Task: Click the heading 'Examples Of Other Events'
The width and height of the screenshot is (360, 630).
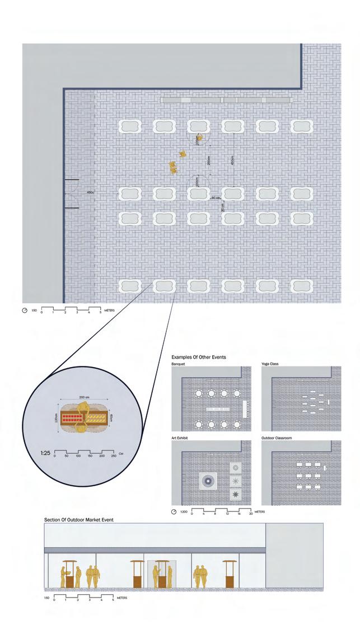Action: (x=198, y=356)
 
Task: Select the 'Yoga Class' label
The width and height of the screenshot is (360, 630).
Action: (x=270, y=364)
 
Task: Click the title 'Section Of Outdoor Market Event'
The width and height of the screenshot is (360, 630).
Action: (x=79, y=520)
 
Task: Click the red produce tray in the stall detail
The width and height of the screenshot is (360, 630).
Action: (x=71, y=417)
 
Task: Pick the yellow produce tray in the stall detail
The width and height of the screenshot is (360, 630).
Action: (x=95, y=417)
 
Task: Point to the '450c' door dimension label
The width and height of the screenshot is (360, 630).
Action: (x=91, y=192)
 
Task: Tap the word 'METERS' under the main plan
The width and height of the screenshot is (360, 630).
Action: (x=109, y=310)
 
